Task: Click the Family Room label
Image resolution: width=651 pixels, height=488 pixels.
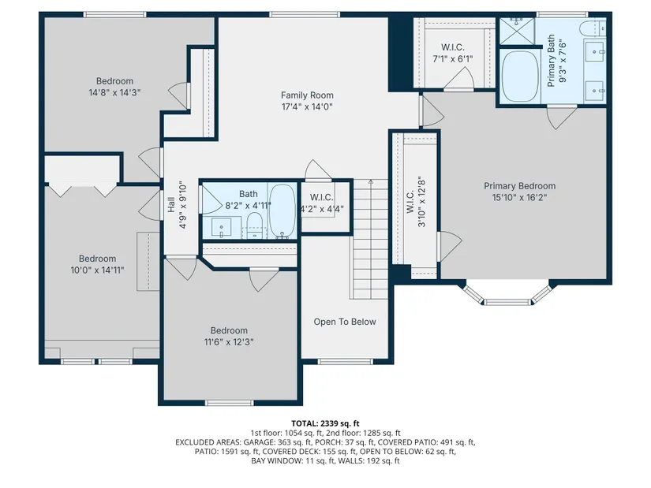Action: point(307,95)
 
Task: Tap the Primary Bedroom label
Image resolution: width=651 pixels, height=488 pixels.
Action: point(519,186)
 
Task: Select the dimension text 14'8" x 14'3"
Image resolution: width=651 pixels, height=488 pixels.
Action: point(114,92)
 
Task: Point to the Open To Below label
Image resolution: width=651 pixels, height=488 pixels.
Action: point(345,322)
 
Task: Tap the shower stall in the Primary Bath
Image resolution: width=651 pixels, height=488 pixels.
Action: point(517,31)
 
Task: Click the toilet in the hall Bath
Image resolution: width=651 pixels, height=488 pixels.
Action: point(255,225)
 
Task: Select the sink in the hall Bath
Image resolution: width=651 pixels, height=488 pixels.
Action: point(221,227)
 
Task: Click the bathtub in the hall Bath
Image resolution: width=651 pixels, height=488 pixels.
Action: point(282,211)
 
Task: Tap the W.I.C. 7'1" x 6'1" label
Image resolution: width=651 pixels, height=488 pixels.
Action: point(453,53)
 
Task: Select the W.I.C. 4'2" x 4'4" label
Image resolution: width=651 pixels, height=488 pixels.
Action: point(321,203)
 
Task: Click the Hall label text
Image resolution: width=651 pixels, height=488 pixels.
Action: point(170,205)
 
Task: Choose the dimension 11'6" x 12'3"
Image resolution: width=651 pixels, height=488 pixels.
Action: point(229,342)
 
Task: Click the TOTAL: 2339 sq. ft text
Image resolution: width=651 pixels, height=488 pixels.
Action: point(325,423)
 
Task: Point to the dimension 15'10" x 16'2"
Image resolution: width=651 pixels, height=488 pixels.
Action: point(519,198)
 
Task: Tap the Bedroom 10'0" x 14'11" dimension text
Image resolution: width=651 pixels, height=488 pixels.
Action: point(97,270)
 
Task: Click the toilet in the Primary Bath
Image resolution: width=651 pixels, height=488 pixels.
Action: point(592,28)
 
